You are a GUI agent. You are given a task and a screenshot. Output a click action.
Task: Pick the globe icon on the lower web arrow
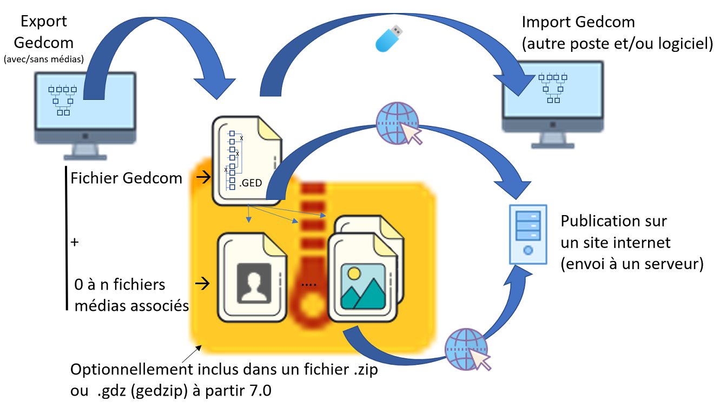pyautogui.click(x=466, y=349)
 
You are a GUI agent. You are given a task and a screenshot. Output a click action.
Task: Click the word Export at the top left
pyautogui.click(x=43, y=22)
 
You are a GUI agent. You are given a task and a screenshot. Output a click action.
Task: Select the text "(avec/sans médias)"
pyautogui.click(x=43, y=59)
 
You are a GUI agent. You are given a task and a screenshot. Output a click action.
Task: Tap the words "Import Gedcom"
pyautogui.click(x=578, y=23)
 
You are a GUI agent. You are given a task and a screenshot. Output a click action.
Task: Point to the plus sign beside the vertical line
pyautogui.click(x=75, y=242)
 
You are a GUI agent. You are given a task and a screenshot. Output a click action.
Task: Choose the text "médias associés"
pyautogui.click(x=131, y=305)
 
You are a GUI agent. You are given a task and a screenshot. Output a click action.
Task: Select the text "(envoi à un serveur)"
pyautogui.click(x=632, y=264)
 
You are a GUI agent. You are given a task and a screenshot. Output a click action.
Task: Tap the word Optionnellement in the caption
pyautogui.click(x=138, y=370)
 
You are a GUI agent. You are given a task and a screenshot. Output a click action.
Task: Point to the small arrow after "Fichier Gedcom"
pyautogui.click(x=204, y=177)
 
